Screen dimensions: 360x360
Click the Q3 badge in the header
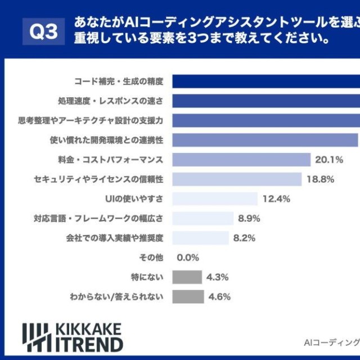point(44,32)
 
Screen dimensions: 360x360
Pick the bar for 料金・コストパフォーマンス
point(241,160)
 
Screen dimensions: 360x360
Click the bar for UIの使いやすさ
point(215,199)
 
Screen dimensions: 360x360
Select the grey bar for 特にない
point(187,277)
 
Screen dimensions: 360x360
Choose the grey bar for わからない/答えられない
point(188,296)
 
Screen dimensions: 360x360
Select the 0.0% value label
point(188,258)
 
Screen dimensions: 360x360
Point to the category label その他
point(151,258)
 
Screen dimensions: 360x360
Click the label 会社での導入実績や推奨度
point(115,238)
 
